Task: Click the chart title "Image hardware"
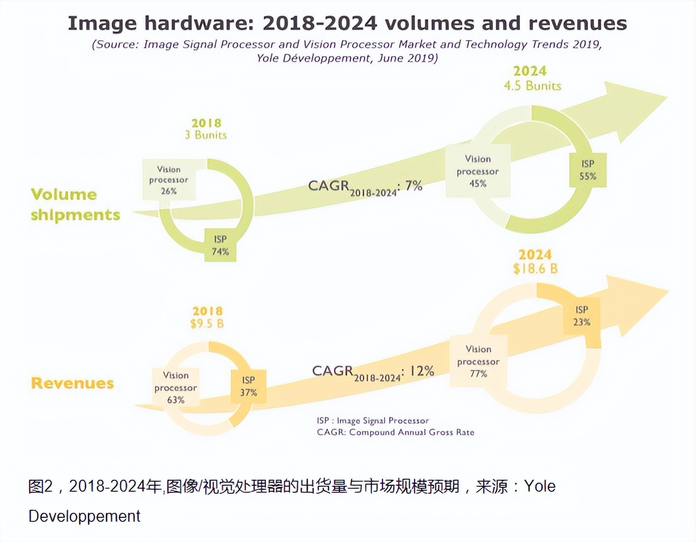(x=347, y=24)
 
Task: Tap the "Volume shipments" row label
(x=75, y=204)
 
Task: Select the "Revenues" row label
(x=72, y=383)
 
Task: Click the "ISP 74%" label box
(x=220, y=245)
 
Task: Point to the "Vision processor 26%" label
(x=168, y=180)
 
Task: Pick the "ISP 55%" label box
(x=588, y=170)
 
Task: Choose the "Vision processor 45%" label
(x=478, y=171)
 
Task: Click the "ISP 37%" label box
(x=248, y=386)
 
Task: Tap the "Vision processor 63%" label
(x=176, y=387)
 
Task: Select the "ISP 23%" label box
(x=582, y=316)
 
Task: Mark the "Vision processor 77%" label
(x=478, y=361)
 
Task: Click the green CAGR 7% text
(x=365, y=187)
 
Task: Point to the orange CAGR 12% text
(x=373, y=372)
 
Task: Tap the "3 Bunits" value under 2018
(x=206, y=135)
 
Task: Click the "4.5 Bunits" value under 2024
(x=533, y=86)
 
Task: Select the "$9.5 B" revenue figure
(x=207, y=324)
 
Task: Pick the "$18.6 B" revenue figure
(x=535, y=269)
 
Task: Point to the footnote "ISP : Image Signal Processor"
(x=373, y=421)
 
